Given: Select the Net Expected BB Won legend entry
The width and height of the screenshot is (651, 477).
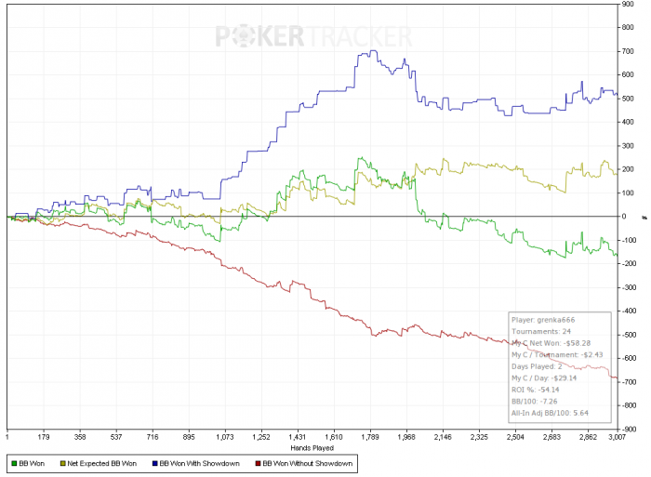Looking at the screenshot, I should [x=99, y=461].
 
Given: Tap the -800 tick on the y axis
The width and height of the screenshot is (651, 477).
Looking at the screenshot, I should [x=631, y=405].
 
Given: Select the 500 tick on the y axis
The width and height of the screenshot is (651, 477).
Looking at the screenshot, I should [x=630, y=99].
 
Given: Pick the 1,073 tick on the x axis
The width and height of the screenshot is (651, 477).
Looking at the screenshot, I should [x=224, y=434].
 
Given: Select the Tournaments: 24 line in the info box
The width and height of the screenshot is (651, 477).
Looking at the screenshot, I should [x=539, y=330].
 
